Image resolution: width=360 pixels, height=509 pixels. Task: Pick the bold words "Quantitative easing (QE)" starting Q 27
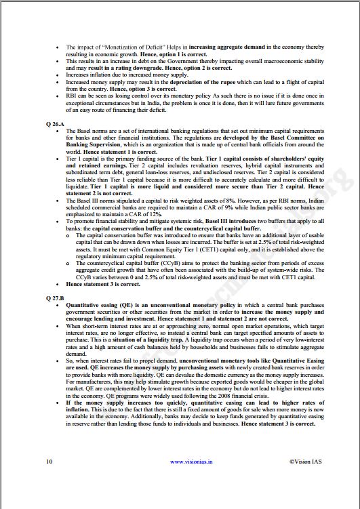pyautogui.click(x=98, y=306)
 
